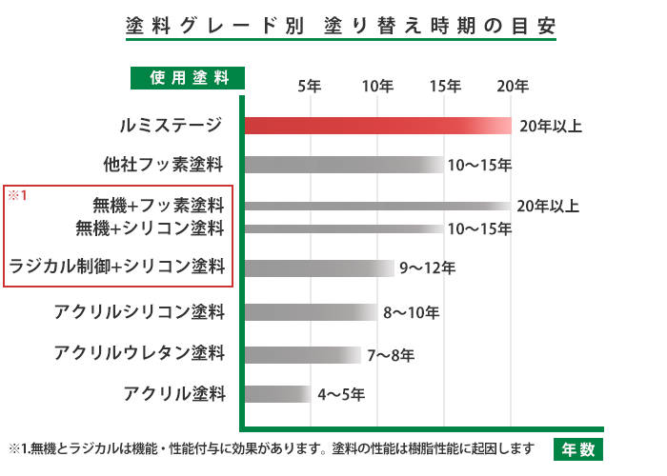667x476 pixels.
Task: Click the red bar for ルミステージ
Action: [376, 126]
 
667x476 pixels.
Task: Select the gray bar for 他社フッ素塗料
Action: [343, 165]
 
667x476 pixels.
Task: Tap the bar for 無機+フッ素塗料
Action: [376, 205]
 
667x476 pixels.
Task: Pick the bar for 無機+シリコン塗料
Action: [343, 228]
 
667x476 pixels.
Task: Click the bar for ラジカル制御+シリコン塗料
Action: [318, 268]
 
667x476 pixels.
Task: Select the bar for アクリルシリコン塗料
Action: [310, 311]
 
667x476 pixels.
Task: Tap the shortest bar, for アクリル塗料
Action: [276, 392]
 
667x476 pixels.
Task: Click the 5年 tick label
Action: [310, 86]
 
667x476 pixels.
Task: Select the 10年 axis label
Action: [377, 86]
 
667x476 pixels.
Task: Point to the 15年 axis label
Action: [445, 86]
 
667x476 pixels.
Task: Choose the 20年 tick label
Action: [513, 86]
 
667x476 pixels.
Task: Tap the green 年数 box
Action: [577, 447]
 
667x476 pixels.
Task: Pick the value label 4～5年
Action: [341, 393]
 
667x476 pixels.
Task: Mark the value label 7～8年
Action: [391, 356]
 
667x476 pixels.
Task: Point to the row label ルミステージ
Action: [172, 126]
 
